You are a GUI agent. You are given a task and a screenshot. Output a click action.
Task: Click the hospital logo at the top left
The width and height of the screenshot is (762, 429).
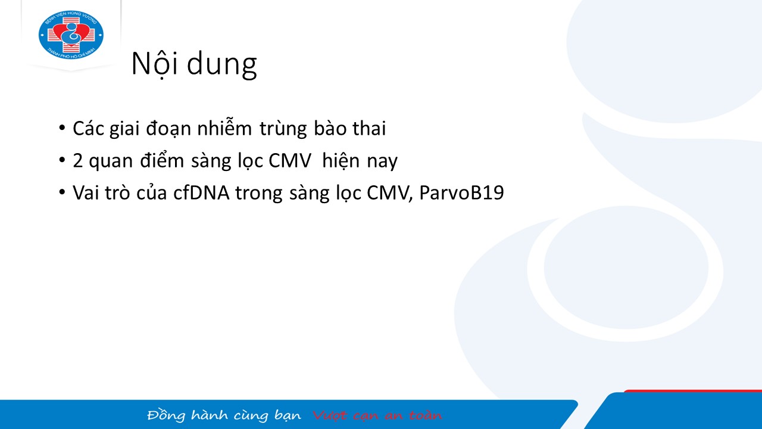pyautogui.click(x=71, y=35)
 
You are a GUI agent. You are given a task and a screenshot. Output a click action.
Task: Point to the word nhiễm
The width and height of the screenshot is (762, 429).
pyautogui.click(x=224, y=128)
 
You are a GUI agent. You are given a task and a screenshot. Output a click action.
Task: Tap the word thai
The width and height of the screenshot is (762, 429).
pyautogui.click(x=369, y=128)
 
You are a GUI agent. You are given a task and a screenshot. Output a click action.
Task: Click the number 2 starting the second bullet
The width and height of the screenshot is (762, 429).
pyautogui.click(x=78, y=161)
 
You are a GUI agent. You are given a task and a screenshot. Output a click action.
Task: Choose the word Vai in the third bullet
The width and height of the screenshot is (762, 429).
pyautogui.click(x=86, y=192)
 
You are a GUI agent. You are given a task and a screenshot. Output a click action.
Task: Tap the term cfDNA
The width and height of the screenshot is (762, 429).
pyautogui.click(x=201, y=192)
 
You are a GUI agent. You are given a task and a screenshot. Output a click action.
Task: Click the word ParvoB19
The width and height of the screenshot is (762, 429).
pyautogui.click(x=461, y=192)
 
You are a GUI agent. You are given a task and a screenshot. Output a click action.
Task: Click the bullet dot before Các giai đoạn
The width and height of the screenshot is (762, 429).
pyautogui.click(x=62, y=128)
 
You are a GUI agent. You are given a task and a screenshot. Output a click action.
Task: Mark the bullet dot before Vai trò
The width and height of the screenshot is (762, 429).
pyautogui.click(x=62, y=192)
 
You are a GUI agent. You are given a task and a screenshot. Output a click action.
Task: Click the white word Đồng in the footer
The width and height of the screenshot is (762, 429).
pyautogui.click(x=166, y=415)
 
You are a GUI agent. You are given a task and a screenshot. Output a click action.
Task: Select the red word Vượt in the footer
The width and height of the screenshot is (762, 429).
pyautogui.click(x=329, y=415)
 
